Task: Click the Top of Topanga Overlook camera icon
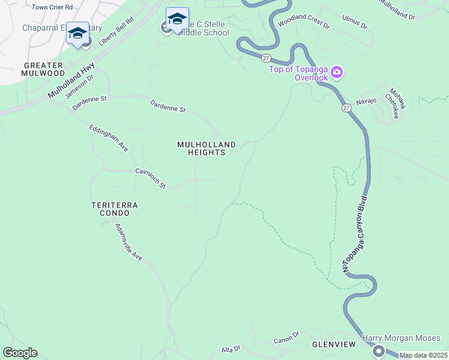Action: (x=337, y=73)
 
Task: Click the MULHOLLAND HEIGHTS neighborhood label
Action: (x=206, y=148)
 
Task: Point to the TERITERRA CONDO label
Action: (x=114, y=209)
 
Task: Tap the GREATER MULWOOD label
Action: (x=44, y=68)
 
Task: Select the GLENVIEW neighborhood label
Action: (x=334, y=344)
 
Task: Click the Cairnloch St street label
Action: (x=150, y=178)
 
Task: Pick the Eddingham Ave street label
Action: (x=109, y=138)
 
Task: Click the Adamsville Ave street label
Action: (x=128, y=242)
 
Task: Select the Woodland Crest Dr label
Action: (x=304, y=26)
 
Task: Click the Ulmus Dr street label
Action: (x=354, y=25)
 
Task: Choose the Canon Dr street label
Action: (x=286, y=338)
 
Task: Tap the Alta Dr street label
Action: (x=231, y=349)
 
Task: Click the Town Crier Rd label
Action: (x=52, y=7)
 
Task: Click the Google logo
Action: (x=20, y=352)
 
